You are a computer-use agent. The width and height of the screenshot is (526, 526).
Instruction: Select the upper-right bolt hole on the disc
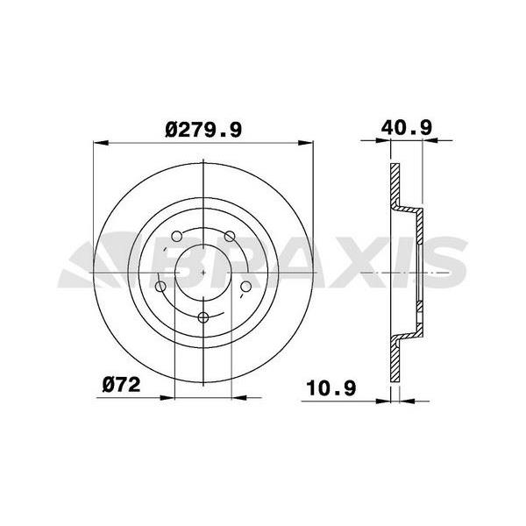point(231,236)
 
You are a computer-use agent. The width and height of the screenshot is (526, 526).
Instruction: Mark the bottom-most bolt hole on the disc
point(203,318)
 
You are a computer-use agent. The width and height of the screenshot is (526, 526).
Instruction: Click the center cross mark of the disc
point(203,273)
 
